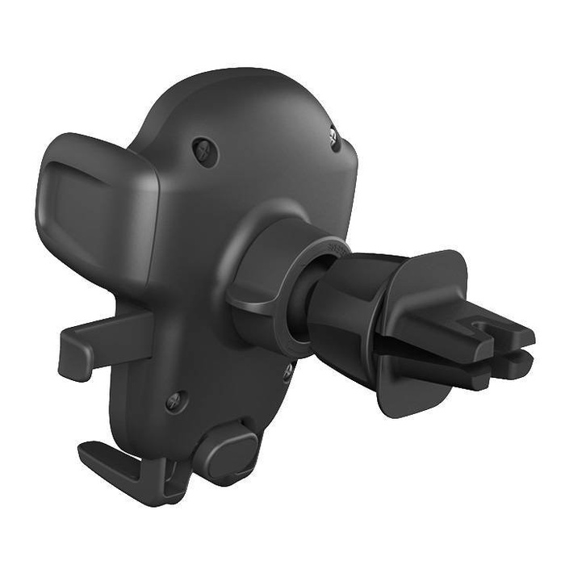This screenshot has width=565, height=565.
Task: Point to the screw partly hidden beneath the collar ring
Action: (x=287, y=372)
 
